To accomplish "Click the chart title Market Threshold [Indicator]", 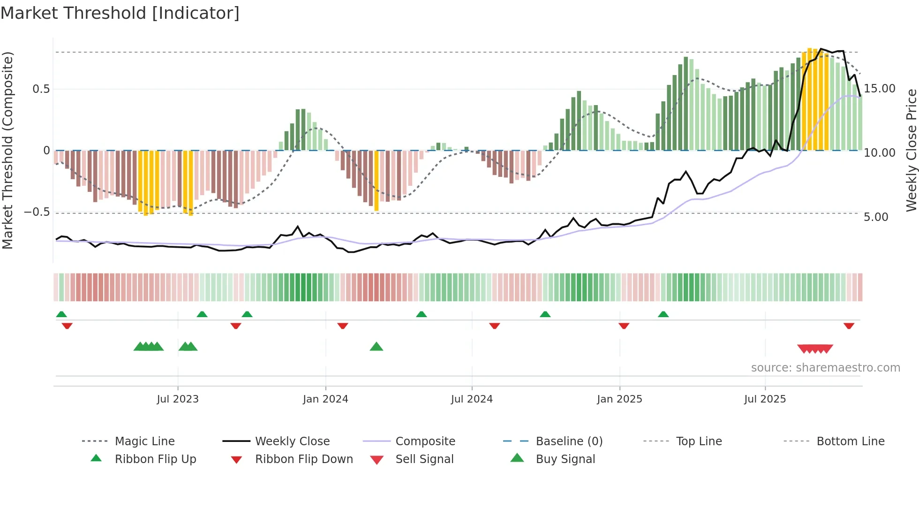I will (120, 13).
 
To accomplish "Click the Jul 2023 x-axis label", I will (178, 399).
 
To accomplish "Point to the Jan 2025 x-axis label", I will (619, 399).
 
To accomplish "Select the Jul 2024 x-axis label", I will (472, 399).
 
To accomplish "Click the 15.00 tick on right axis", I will (880, 89).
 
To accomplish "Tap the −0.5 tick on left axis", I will (37, 212).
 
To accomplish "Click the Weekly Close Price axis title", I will (911, 150).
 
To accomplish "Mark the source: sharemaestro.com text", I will (825, 368).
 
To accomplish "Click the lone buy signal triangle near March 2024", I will (377, 347).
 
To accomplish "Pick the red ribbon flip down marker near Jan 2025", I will (624, 326).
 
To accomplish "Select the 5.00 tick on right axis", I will (876, 217).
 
